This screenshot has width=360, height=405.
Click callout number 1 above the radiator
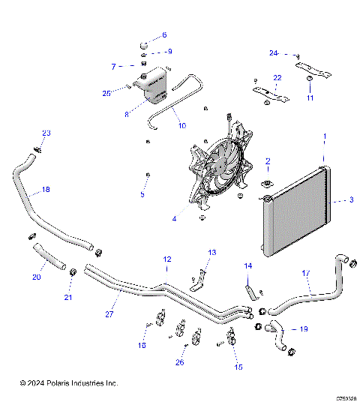(x=324, y=136)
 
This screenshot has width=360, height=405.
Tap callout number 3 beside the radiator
(x=351, y=200)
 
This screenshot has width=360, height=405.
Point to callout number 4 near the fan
(x=174, y=220)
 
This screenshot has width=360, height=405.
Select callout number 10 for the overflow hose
(x=181, y=127)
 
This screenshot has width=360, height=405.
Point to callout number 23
(x=46, y=133)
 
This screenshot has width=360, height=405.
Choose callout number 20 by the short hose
(x=35, y=277)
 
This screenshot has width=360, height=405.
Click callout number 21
(x=70, y=298)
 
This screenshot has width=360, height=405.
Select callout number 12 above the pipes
(x=167, y=259)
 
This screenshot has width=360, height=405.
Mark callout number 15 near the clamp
(x=238, y=367)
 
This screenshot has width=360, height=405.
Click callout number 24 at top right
(x=274, y=52)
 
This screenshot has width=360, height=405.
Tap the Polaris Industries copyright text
(x=69, y=382)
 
